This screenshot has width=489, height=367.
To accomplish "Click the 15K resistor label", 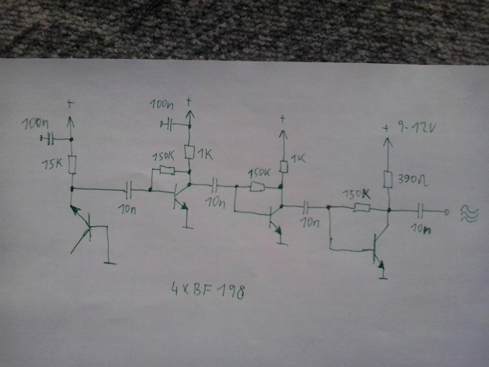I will tap(52, 164).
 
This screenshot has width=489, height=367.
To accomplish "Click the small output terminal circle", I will tap(447, 212).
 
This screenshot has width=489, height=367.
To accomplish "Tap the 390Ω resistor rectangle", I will tap(388, 180).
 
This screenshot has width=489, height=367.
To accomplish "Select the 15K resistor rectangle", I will tap(72, 165).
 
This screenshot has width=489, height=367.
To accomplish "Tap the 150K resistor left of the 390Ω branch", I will tap(362, 208).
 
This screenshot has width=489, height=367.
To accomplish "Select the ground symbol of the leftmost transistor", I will tap(110, 263).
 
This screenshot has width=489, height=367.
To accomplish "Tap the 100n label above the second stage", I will tap(161, 104).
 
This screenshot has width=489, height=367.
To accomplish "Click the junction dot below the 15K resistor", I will tap(72, 189).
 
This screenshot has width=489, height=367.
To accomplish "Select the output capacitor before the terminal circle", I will tap(420, 211).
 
